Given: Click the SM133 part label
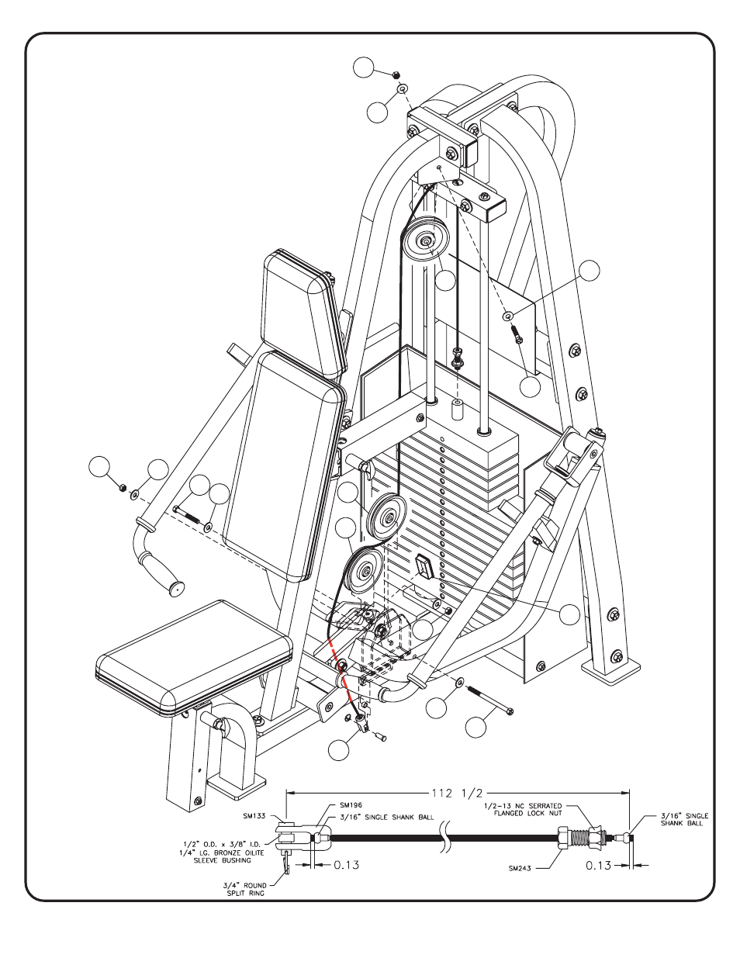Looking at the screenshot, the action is (x=254, y=815).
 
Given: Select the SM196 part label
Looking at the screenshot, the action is (x=351, y=805).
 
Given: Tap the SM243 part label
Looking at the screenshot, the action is (x=520, y=869).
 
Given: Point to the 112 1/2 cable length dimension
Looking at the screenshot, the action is (x=457, y=794).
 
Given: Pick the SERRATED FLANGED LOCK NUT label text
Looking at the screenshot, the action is (x=523, y=809).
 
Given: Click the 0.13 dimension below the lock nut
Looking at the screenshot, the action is (x=598, y=866).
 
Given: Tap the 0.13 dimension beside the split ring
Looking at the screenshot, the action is (x=347, y=865).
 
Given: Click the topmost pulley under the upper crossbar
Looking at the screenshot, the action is (x=425, y=240).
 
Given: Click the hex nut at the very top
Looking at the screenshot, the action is (x=396, y=74).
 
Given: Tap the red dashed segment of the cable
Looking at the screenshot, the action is (x=341, y=670).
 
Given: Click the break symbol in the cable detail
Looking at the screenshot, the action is (x=444, y=836).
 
